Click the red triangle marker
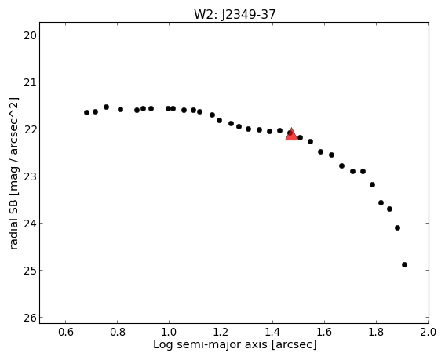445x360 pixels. pyautogui.click(x=291, y=135)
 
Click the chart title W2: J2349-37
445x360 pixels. pyautogui.click(x=235, y=14)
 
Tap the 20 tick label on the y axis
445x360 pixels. pyautogui.click(x=29, y=35)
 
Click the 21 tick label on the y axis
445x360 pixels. pyautogui.click(x=29, y=82)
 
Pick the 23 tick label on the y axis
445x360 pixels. pyautogui.click(x=29, y=176)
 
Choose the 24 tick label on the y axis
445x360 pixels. pyautogui.click(x=29, y=224)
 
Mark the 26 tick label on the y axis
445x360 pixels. pyautogui.click(x=29, y=318)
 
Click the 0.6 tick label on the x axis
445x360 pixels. pyautogui.click(x=66, y=332)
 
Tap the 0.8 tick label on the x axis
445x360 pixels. pyautogui.click(x=118, y=332)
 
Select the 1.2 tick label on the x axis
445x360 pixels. pyautogui.click(x=221, y=332)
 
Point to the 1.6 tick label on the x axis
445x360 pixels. pyautogui.click(x=324, y=332)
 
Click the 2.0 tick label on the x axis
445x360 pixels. pyautogui.click(x=429, y=332)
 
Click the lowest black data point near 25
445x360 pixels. pyautogui.click(x=404, y=264)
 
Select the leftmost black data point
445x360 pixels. pyautogui.click(x=86, y=113)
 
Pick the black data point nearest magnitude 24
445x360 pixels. pyautogui.click(x=397, y=227)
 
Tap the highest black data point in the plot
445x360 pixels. pyautogui.click(x=106, y=107)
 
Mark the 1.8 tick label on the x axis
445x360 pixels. pyautogui.click(x=376, y=332)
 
